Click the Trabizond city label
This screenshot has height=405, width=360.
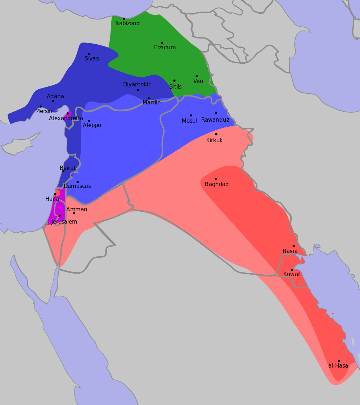127,23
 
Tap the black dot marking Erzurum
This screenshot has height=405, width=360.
162,42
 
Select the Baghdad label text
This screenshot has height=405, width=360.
217,184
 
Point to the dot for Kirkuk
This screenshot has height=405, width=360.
216,134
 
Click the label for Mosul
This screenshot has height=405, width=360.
189,121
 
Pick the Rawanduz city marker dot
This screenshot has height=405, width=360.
216,113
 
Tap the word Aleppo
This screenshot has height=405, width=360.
92,125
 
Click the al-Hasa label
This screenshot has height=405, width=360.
338,366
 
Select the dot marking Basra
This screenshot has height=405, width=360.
294,246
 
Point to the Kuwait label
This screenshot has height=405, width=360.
292,274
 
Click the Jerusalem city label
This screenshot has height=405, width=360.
64,222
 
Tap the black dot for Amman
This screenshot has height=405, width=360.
74,213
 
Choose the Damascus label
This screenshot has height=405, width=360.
77,186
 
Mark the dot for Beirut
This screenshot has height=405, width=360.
63,171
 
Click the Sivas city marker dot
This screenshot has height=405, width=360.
89,54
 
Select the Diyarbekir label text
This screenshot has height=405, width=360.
137,85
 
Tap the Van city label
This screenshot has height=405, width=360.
198,81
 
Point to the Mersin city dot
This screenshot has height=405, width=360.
41,107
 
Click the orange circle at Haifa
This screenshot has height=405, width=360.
57,193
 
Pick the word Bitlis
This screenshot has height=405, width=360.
175,87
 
